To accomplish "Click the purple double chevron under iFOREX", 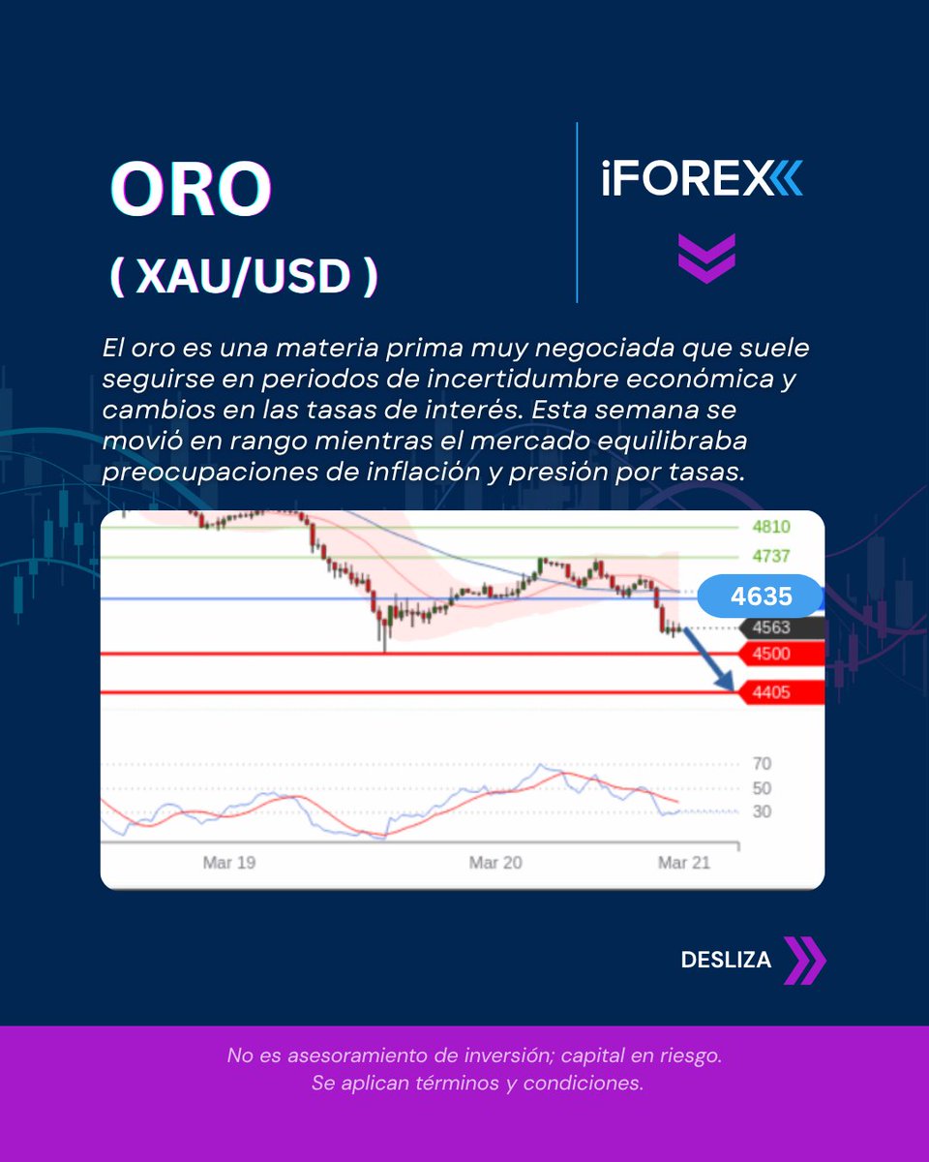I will [706, 258].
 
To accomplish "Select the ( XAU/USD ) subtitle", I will [243, 277].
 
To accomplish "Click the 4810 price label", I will [771, 528].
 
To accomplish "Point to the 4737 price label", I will [771, 557].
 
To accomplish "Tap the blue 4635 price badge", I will [761, 596].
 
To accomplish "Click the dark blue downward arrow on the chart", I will [707, 657].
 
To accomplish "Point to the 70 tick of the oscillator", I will [762, 763].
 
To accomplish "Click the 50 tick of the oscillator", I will [762, 788].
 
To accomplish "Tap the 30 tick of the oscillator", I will [762, 811].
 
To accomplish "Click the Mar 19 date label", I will [229, 863].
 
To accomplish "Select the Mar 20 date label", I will [495, 863].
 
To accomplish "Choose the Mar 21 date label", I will [683, 863].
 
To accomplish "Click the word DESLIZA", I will [726, 960].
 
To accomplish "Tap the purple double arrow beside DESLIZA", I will [805, 960].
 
